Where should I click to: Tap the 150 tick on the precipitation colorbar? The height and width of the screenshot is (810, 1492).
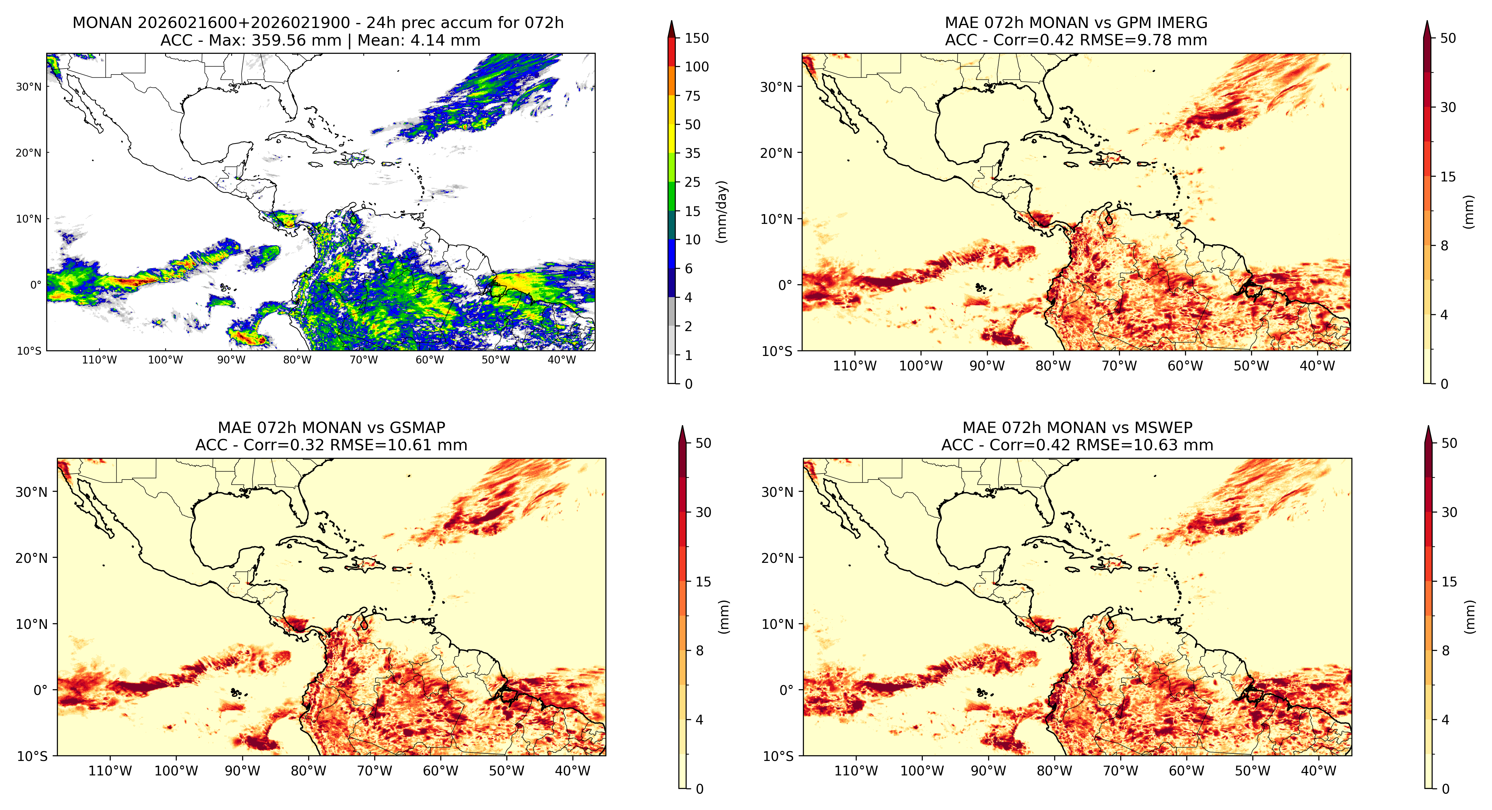click(697, 38)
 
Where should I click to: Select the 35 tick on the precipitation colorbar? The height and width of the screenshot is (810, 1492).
click(693, 153)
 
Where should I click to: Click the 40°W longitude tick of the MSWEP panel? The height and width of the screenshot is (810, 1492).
click(1319, 771)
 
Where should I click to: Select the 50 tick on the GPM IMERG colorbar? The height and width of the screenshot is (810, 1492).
click(1448, 38)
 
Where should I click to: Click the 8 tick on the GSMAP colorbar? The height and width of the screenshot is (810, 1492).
click(700, 651)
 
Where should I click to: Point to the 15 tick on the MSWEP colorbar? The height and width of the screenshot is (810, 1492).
click(1449, 582)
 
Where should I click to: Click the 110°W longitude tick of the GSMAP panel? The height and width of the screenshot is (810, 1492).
click(110, 771)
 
